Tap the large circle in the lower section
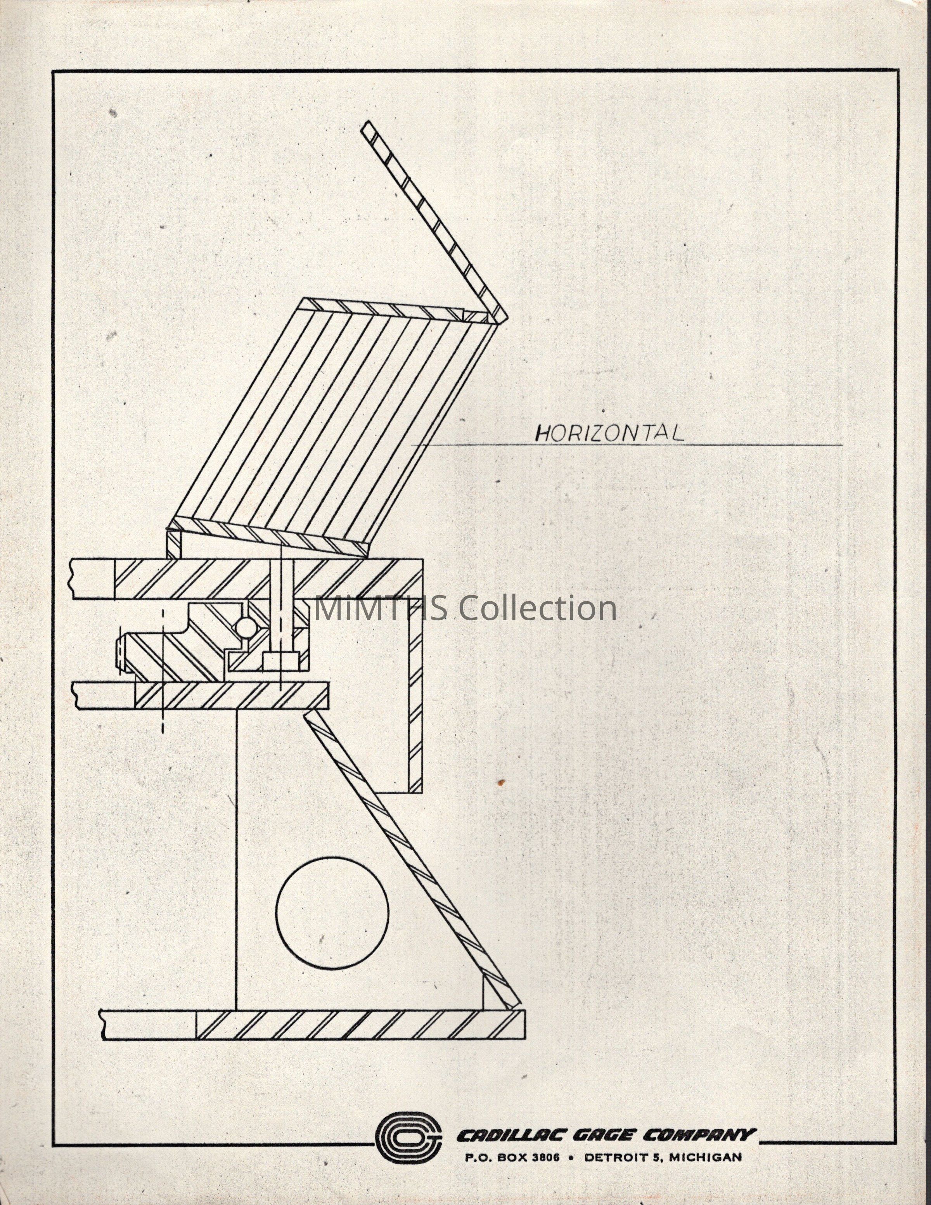point(332,911)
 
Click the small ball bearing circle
point(244,626)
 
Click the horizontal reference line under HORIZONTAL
point(629,445)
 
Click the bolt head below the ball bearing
point(281,660)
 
